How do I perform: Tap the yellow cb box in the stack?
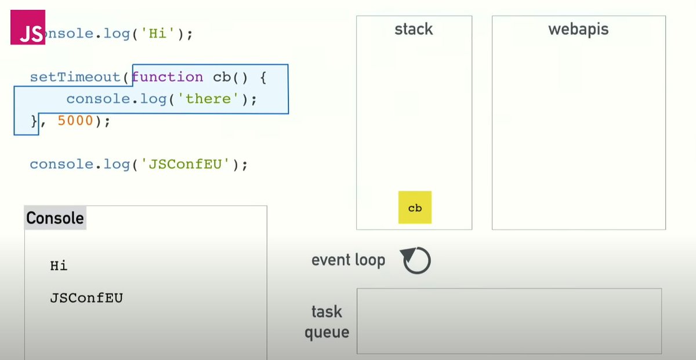pyautogui.click(x=415, y=208)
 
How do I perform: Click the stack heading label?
pyautogui.click(x=414, y=30)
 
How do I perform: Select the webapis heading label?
pyautogui.click(x=578, y=30)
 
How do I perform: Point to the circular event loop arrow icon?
pyautogui.click(x=416, y=261)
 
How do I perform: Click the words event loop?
pyautogui.click(x=348, y=260)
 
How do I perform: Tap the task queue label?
pyautogui.click(x=327, y=322)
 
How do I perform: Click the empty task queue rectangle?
pyautogui.click(x=509, y=321)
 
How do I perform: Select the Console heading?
pyautogui.click(x=55, y=219)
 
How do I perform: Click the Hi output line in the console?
pyautogui.click(x=59, y=266)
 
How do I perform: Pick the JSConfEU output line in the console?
pyautogui.click(x=86, y=299)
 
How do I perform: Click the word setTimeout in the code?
pyautogui.click(x=76, y=77)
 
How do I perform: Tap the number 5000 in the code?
pyautogui.click(x=75, y=121)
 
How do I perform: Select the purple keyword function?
pyautogui.click(x=167, y=77)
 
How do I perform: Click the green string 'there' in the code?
pyautogui.click(x=209, y=99)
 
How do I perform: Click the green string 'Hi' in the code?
pyautogui.click(x=156, y=34)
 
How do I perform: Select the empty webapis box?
pyautogui.click(x=578, y=133)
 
